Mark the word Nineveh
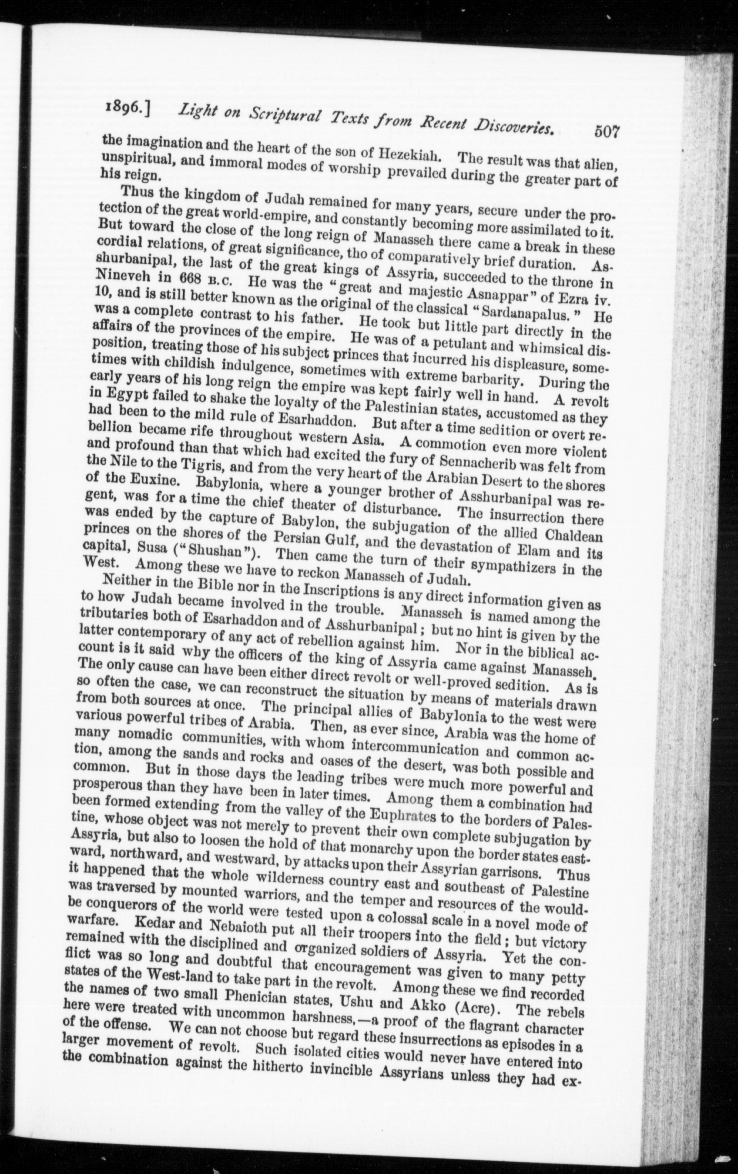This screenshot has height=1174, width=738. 127,280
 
